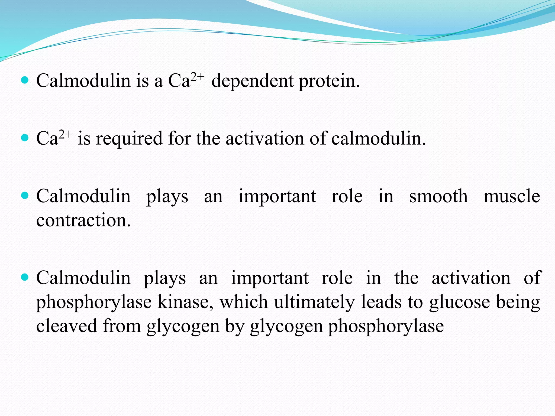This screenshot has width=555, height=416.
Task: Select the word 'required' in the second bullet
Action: (129, 138)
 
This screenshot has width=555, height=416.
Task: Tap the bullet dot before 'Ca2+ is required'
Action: (25, 138)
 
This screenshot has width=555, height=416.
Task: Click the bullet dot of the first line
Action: (25, 80)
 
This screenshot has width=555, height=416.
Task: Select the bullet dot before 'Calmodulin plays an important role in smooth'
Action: (25, 196)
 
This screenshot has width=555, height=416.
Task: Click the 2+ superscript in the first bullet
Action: (198, 76)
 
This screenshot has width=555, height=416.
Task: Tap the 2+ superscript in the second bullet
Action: (66, 134)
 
